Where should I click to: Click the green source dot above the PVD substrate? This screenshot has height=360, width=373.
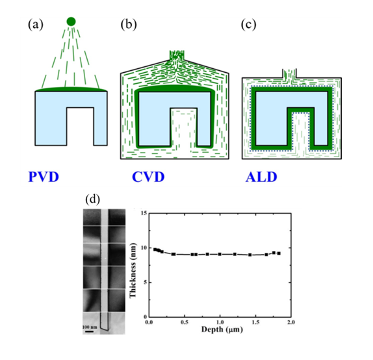pos(71,21)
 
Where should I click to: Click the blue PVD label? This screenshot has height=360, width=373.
pos(44,177)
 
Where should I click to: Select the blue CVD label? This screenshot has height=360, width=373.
pos(148,177)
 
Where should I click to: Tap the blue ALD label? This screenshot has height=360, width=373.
pos(261,177)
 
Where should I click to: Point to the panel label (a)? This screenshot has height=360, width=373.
pos(36,25)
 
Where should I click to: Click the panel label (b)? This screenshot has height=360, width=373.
pos(129,25)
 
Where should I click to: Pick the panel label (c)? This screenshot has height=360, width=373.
pos(248,25)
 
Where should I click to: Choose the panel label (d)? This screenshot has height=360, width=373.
pos(92,199)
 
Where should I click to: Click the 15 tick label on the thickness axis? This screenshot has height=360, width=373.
pos(144,213)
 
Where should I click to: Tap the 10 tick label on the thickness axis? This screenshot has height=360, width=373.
pos(144,248)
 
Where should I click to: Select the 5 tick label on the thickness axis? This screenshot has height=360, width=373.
pos(145,283)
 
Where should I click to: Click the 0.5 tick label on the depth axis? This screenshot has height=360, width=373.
pos(185,322)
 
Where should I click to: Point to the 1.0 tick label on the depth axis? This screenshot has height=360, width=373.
pos(220,322)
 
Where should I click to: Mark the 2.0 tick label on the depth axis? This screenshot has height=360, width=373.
pos(291,322)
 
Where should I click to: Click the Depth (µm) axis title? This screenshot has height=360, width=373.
pos(222,329)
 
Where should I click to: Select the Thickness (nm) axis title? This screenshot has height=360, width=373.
pos(133,270)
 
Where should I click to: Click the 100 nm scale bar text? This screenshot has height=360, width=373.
pos(90,327)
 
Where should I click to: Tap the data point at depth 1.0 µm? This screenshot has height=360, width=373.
pos(220,254)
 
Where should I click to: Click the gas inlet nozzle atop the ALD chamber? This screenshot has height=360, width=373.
pos(289,73)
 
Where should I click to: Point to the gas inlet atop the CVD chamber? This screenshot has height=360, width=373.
pos(177,55)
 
